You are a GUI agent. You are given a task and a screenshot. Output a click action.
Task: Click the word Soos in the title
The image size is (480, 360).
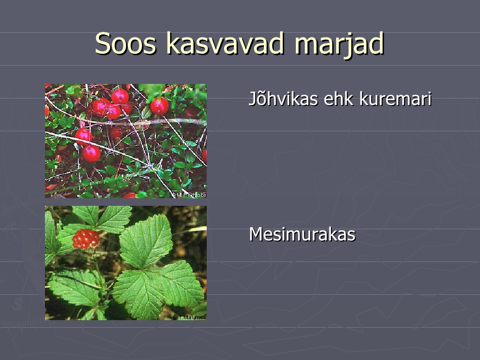[x=126, y=44]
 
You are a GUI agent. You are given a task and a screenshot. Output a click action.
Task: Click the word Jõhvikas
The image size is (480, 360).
[x=283, y=98]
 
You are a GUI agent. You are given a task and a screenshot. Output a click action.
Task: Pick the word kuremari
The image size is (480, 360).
[x=396, y=98]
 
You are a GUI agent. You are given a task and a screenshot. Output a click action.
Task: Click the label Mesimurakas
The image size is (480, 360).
[x=302, y=234]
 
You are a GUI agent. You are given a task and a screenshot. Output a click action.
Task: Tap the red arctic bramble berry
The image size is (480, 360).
[x=85, y=239]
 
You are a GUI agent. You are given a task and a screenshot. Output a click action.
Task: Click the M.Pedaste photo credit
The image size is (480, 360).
[x=188, y=195]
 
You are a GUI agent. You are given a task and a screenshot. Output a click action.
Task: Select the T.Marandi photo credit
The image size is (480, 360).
[x=189, y=317]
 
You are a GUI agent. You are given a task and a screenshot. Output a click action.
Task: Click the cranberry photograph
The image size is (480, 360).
[x=126, y=141]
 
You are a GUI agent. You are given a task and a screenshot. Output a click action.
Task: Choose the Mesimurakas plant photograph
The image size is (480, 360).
[x=126, y=263]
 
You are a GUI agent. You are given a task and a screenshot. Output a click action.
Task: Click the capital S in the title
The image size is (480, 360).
[x=102, y=44]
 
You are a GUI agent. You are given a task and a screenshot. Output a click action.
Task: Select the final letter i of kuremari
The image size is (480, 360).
[x=429, y=98]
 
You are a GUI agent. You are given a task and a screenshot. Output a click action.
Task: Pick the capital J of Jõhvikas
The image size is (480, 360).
[x=253, y=99]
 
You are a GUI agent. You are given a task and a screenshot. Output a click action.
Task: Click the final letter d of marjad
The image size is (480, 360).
[x=376, y=43]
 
